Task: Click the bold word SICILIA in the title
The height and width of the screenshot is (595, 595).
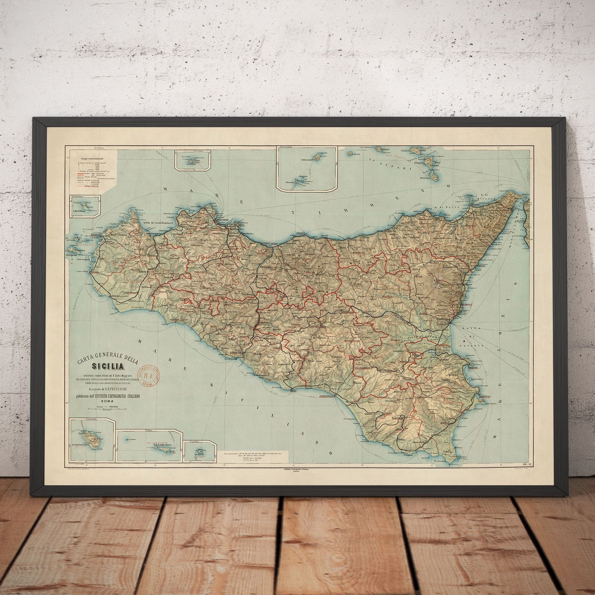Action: tap(107, 366)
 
